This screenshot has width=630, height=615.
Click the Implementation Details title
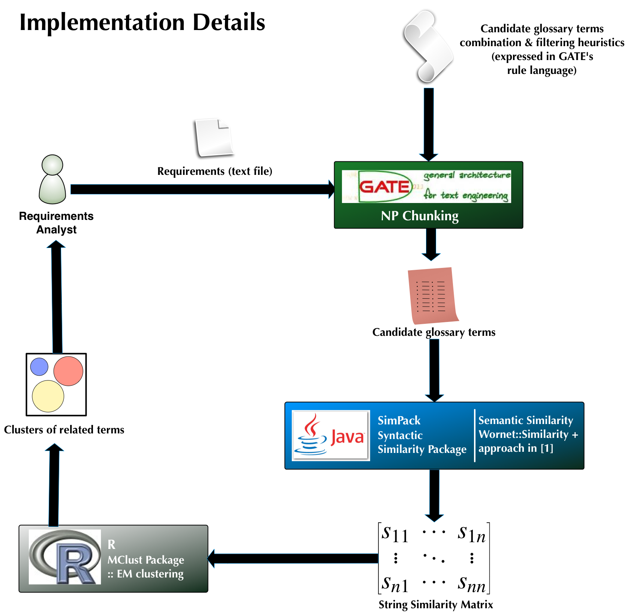(142, 22)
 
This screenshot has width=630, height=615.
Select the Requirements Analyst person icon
(52, 180)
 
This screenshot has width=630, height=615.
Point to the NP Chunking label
(420, 216)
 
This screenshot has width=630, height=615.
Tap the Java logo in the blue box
(330, 435)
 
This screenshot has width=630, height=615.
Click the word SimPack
(399, 420)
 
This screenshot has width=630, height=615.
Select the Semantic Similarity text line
(525, 420)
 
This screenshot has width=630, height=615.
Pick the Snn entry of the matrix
(471, 584)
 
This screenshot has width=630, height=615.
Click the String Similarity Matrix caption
(435, 604)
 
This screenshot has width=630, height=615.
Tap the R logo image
(65, 557)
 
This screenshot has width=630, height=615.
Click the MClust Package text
(145, 560)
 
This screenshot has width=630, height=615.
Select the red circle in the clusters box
(68, 371)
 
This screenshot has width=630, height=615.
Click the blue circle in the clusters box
(39, 367)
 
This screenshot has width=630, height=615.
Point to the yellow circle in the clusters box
(48, 396)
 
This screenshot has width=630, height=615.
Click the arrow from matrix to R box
(292, 558)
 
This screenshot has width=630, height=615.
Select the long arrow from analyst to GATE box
(202, 189)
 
